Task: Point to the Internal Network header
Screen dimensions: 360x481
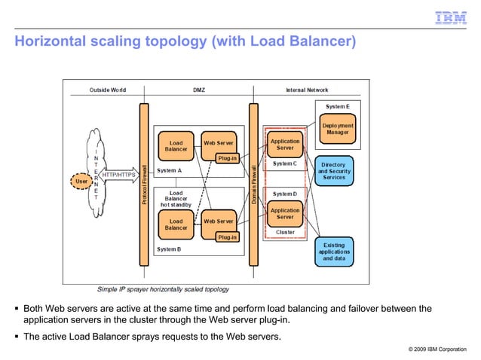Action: coord(307,90)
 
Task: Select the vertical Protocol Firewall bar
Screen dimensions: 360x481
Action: coord(143,185)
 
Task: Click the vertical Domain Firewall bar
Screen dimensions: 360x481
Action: coord(253,185)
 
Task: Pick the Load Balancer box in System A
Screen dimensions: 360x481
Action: coord(176,144)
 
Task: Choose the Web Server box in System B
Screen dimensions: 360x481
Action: coord(218,221)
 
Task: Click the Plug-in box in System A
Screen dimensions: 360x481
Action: coord(227,158)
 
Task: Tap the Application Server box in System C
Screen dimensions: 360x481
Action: coord(285,143)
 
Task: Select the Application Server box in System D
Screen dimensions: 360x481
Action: coord(285,214)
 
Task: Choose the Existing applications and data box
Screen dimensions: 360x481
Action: coord(334,252)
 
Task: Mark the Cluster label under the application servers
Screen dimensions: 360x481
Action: coord(285,233)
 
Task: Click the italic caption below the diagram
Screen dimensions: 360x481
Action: coord(163,289)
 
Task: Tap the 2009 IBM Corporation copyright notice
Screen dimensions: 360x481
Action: coord(437,349)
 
